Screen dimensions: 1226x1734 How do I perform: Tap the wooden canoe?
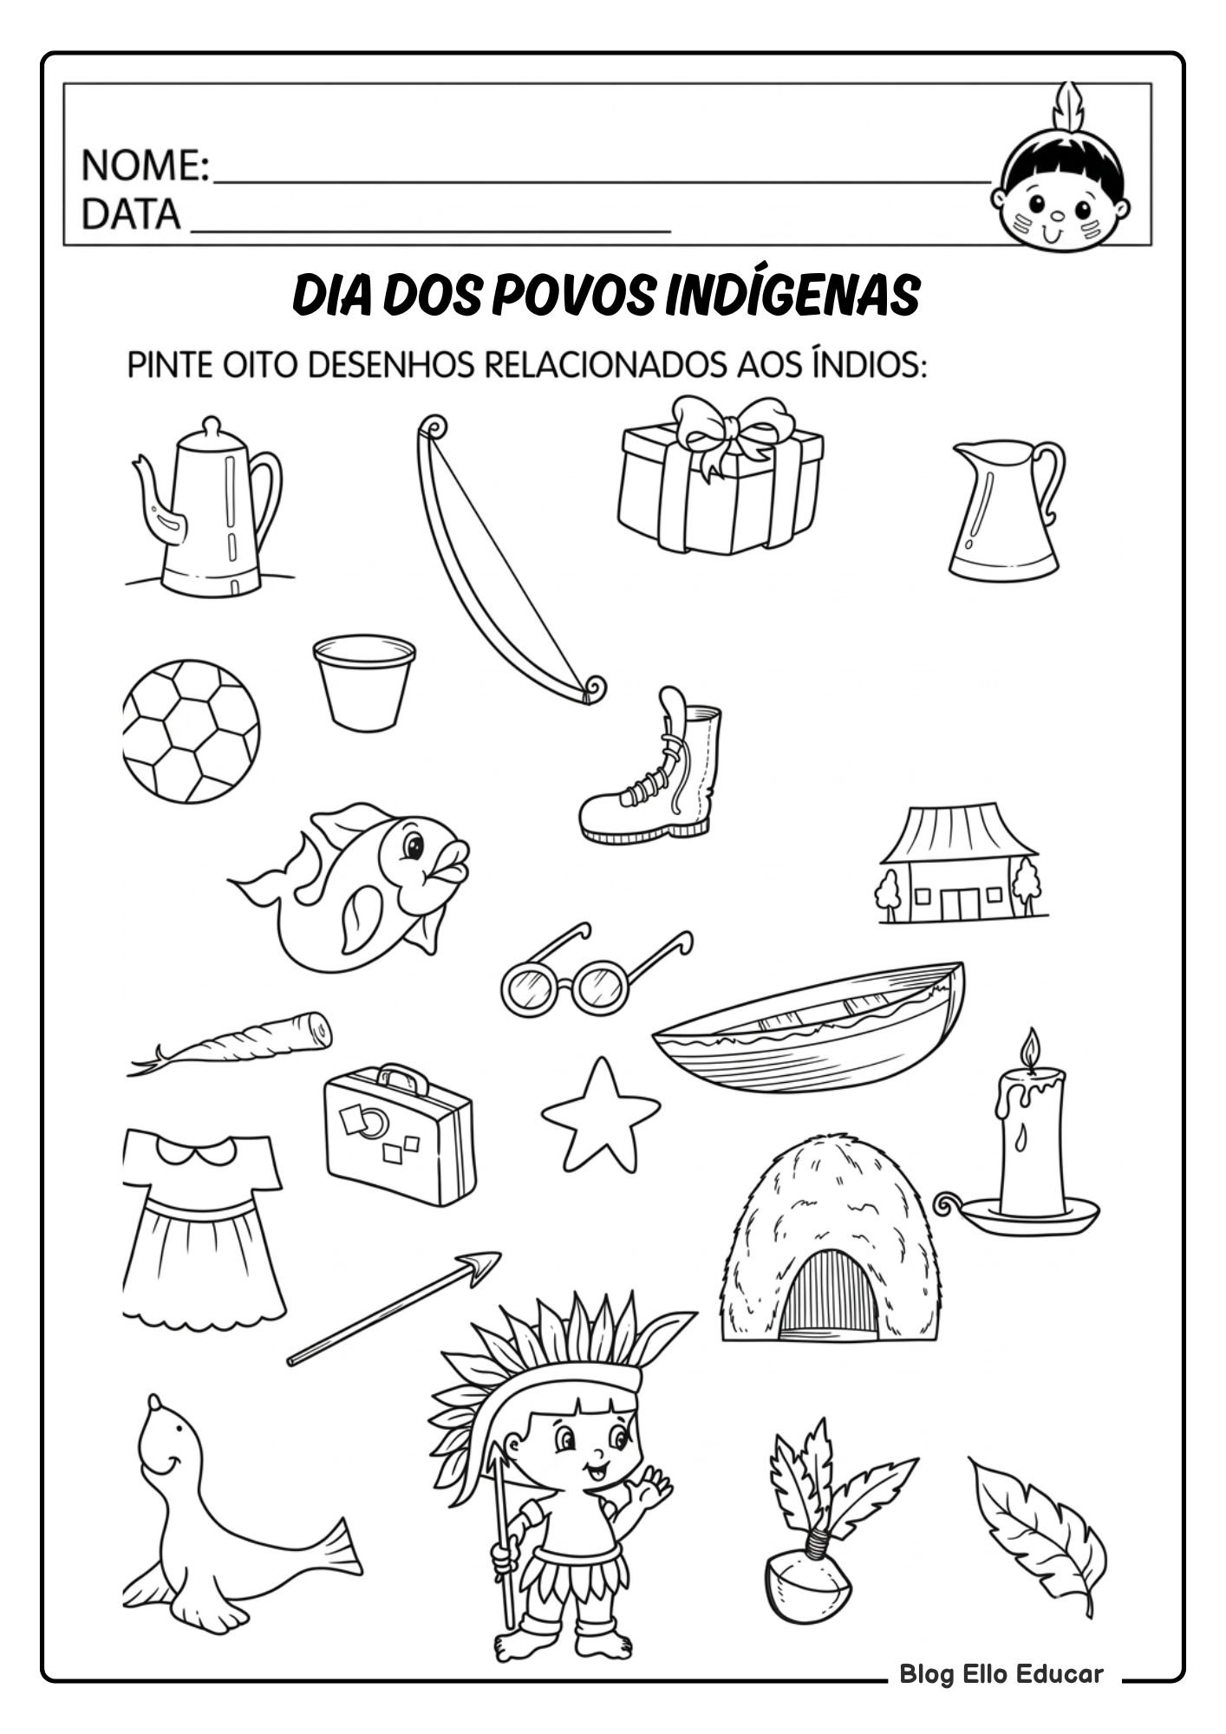pyautogui.click(x=808, y=1031)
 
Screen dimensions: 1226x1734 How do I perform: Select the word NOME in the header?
pyautogui.click(x=143, y=166)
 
